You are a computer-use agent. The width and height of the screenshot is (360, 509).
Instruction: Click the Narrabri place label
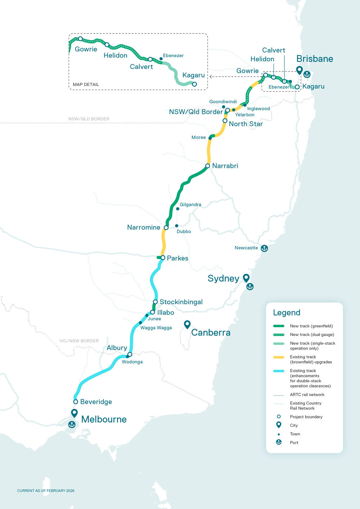(225, 166)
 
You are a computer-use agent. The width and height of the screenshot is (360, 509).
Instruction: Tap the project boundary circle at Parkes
(163, 258)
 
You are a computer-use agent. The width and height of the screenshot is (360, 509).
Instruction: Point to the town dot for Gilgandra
(177, 209)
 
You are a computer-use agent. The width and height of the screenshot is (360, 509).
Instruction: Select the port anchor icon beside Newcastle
(264, 248)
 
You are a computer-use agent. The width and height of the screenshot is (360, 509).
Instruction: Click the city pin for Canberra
(187, 324)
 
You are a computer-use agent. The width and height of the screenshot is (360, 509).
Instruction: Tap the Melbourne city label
(104, 419)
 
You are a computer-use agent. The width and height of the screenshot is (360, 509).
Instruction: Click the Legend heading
(287, 313)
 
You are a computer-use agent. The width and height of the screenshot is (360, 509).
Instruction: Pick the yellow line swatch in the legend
(279, 357)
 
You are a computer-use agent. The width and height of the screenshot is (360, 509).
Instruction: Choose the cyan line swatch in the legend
(279, 371)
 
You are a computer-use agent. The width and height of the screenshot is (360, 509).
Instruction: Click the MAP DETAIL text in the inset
(86, 85)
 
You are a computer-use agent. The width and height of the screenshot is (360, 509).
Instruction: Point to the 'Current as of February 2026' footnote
(46, 491)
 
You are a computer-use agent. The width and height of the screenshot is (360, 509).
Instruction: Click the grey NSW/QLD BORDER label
(89, 119)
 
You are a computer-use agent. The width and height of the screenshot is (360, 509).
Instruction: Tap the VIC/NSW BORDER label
(79, 341)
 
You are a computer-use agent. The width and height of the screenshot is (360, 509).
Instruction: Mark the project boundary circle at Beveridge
(76, 401)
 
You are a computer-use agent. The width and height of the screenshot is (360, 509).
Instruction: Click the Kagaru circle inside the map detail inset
(194, 84)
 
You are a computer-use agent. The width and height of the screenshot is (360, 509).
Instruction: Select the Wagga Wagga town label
(156, 328)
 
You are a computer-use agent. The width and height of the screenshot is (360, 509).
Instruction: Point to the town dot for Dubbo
(176, 226)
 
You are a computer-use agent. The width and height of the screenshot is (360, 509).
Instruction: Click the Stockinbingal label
(181, 302)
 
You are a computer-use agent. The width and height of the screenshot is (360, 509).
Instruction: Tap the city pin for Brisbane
(299, 70)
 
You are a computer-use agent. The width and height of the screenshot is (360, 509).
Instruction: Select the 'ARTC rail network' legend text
(307, 395)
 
